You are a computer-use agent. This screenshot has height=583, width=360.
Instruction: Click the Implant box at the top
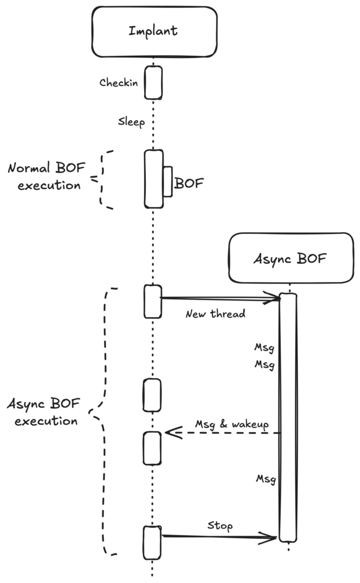click(x=154, y=31)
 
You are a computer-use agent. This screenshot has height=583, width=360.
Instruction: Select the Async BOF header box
click(x=291, y=258)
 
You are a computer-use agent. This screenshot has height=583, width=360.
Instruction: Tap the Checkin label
click(x=118, y=83)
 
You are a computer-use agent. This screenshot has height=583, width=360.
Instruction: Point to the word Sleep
click(x=131, y=121)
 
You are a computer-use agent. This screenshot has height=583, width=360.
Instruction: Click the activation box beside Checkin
click(x=153, y=83)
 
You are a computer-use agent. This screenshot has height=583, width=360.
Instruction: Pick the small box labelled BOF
click(x=167, y=182)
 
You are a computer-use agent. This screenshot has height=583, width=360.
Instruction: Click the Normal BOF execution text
click(x=44, y=176)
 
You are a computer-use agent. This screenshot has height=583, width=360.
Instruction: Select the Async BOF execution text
click(x=43, y=413)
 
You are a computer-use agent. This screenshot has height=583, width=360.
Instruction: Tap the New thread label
click(x=215, y=314)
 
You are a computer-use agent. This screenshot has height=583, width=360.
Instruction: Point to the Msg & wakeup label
click(x=231, y=424)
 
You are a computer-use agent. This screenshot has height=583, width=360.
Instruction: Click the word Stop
click(x=220, y=525)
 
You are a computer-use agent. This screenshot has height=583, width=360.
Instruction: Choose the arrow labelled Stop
click(x=219, y=536)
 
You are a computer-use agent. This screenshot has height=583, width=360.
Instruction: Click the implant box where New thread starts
click(x=153, y=301)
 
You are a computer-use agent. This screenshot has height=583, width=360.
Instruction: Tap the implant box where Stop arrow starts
click(x=152, y=542)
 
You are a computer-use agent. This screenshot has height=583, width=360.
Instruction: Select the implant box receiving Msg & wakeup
click(x=152, y=447)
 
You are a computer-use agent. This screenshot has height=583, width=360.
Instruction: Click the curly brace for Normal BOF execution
click(x=103, y=180)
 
